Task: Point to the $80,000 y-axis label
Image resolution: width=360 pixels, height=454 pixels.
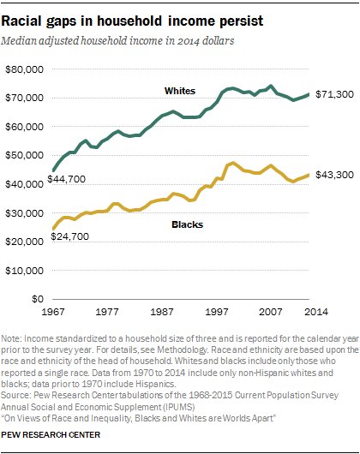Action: tap(26, 69)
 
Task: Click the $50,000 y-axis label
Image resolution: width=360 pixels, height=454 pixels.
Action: tap(26, 155)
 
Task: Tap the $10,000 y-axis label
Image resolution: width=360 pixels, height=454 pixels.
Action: tap(26, 270)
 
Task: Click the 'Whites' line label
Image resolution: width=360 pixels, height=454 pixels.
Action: tap(180, 90)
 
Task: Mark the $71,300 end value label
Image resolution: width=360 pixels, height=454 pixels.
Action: tap(334, 93)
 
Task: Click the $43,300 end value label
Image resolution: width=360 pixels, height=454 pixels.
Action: tap(334, 174)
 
